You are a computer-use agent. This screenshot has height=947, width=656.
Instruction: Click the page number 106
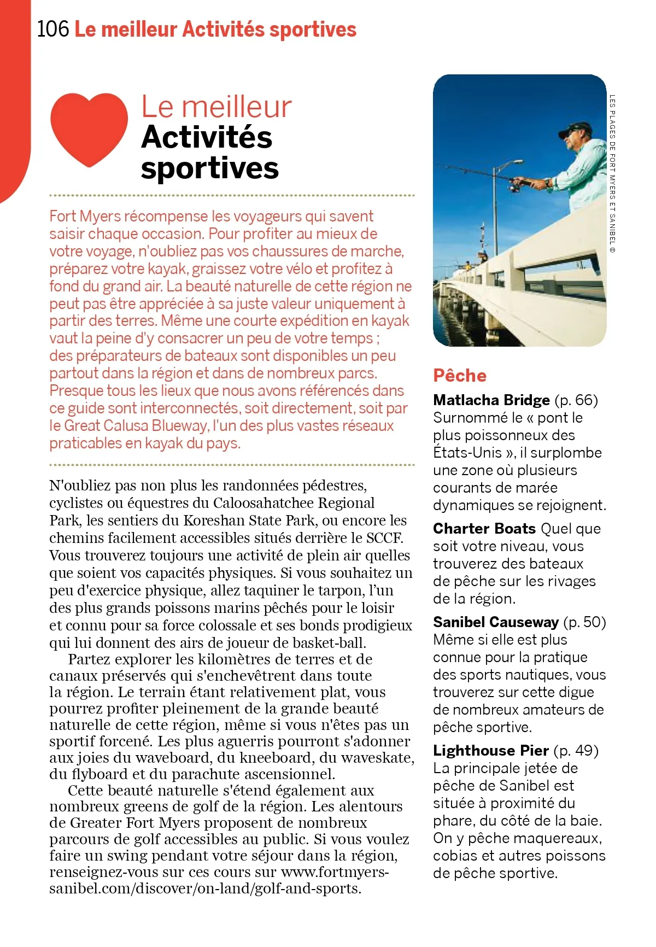[x=53, y=29]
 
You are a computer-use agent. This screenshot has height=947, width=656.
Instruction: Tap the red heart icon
[x=89, y=129]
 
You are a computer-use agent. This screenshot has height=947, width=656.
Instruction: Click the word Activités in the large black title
[x=207, y=137]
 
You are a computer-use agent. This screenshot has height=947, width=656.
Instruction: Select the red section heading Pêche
[x=459, y=376]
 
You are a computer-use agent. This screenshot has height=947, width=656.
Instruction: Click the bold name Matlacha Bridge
[x=491, y=400]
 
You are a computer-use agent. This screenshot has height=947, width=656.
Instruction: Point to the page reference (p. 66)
[x=576, y=400]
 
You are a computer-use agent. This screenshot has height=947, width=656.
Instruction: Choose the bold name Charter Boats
[x=484, y=529]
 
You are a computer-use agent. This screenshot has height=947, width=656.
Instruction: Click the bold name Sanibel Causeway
[x=495, y=622]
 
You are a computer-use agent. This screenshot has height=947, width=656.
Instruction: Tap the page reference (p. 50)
[x=584, y=622]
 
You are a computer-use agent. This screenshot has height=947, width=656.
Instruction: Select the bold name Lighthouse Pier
[x=490, y=751]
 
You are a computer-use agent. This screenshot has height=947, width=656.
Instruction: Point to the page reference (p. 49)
[x=576, y=751]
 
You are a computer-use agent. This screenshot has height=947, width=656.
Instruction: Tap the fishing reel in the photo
[x=515, y=186]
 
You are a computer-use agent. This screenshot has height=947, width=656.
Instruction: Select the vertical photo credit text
[x=612, y=174]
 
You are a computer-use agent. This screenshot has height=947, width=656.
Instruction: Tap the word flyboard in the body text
[x=100, y=774]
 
